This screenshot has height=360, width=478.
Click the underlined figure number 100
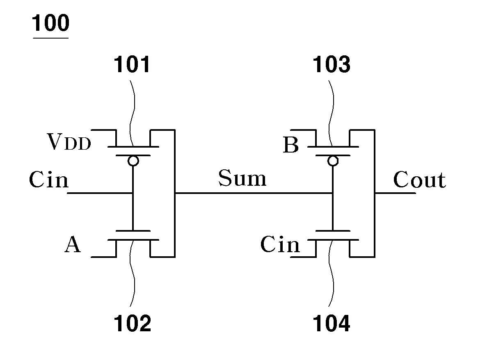50,23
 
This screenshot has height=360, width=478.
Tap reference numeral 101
132,64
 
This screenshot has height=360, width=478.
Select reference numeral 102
132,324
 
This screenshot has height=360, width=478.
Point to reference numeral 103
332,64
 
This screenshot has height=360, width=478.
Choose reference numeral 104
332,324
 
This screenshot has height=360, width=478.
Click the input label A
73,244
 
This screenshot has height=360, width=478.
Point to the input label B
291,145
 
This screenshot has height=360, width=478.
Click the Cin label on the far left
49,179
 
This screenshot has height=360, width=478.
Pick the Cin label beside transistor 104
280,244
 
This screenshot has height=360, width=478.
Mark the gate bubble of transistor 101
133,160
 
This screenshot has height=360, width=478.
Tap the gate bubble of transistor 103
333,160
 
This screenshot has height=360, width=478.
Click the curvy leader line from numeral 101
132,113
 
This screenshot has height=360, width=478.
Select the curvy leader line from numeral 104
331,273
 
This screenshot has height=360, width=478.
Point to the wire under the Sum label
253,193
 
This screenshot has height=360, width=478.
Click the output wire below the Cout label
395,193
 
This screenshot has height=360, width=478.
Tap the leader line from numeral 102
132,273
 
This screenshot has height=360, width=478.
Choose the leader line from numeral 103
331,113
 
